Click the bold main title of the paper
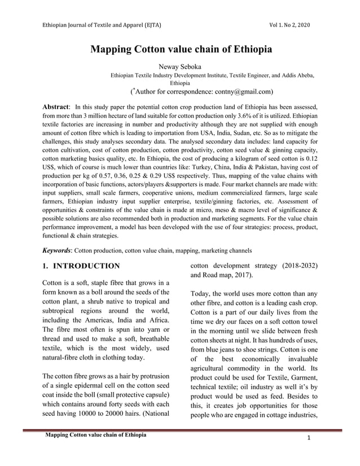[181, 49]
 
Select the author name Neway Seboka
[180, 67]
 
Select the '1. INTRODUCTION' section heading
[81, 266]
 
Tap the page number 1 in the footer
[310, 438]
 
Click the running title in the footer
[96, 434]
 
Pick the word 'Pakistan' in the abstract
[279, 168]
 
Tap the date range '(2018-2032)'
[297, 265]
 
